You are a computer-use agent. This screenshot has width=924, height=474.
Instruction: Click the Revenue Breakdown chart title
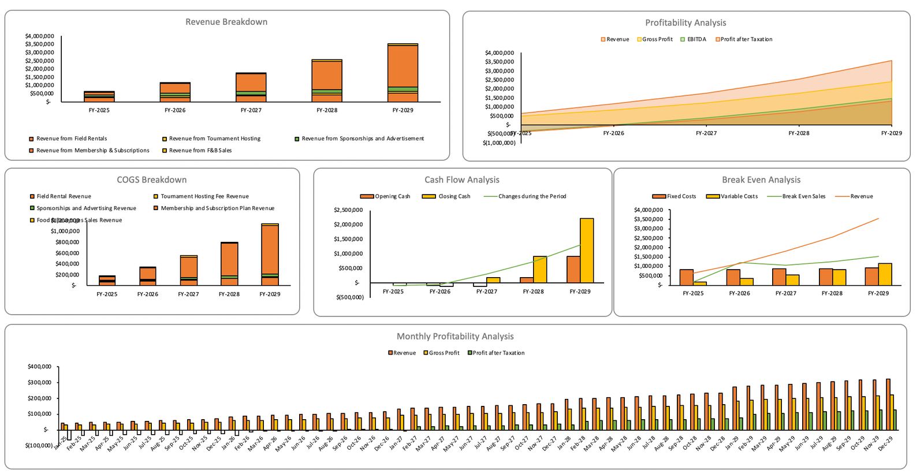pyautogui.click(x=226, y=22)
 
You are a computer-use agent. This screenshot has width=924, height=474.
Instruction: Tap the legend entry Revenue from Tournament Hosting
pyautogui.click(x=214, y=139)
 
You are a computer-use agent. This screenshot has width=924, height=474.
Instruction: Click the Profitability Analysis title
pyautogui.click(x=685, y=23)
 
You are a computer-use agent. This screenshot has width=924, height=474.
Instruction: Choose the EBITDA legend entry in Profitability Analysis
pyautogui.click(x=696, y=39)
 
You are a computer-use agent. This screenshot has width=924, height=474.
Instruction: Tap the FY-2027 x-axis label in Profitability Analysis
pyautogui.click(x=706, y=133)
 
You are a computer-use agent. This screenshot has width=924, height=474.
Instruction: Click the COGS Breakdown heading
pyautogui.click(x=151, y=180)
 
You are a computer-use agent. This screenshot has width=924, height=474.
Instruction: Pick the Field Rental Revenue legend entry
pyautogui.click(x=64, y=197)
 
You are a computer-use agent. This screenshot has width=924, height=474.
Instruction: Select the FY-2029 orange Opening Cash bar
pyautogui.click(x=573, y=270)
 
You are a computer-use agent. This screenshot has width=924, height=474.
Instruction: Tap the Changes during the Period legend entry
pyautogui.click(x=531, y=197)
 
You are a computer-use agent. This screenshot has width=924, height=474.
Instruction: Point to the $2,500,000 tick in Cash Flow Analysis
pyautogui.click(x=348, y=210)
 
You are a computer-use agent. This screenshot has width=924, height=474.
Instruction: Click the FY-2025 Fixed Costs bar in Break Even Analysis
pyautogui.click(x=687, y=277)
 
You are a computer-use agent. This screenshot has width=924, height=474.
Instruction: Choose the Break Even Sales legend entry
pyautogui.click(x=803, y=197)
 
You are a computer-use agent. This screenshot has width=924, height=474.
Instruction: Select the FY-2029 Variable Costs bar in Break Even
pyautogui.click(x=885, y=274)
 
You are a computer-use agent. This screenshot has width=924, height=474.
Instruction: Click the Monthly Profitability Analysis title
pyautogui.click(x=454, y=337)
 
